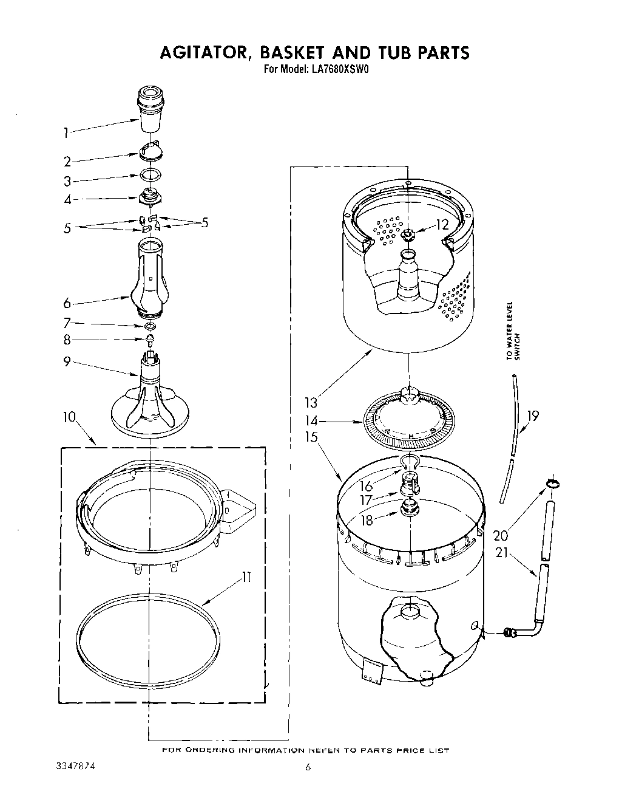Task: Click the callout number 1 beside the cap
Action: pos(66,132)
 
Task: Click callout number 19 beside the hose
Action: pos(533,416)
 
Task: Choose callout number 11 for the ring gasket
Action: pos(246,578)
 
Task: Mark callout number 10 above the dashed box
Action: pos(69,417)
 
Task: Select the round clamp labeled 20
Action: pos(552,484)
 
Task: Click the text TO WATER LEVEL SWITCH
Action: pos(513,331)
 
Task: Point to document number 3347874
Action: pos(72,767)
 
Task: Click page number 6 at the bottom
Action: pos(308,768)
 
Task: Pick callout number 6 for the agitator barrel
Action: pos(67,304)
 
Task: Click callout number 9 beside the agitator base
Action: pos(67,362)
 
